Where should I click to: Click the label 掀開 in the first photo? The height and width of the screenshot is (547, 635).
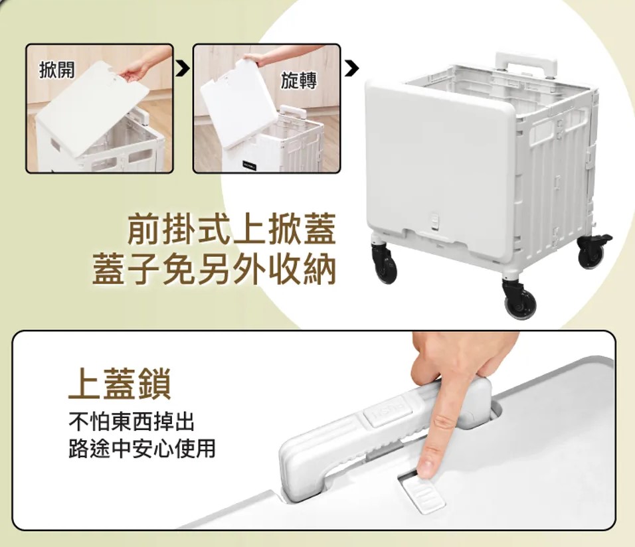[x=57, y=70]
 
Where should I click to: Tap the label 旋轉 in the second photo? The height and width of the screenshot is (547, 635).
[x=299, y=80]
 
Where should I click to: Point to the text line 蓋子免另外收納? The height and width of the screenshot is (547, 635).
[x=215, y=269]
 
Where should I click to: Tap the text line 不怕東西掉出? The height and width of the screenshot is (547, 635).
[x=132, y=422]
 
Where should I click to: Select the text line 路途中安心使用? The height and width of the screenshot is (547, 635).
[x=141, y=448]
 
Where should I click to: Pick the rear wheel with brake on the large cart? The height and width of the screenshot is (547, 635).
[x=594, y=252]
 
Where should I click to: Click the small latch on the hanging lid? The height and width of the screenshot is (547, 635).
[x=435, y=220]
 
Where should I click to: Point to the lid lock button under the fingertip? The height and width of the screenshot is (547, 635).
[x=421, y=491]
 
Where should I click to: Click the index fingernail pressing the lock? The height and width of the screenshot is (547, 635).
[x=425, y=468]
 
